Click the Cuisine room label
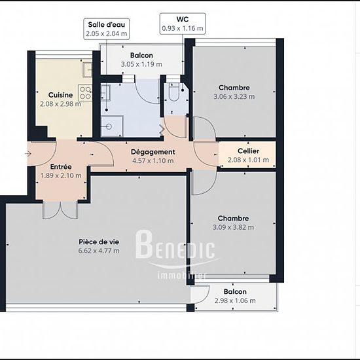[x=61, y=95]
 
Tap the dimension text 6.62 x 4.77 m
[x=99, y=251]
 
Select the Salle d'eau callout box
[x=106, y=29]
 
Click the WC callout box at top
[x=183, y=24]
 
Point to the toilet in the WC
[x=174, y=92]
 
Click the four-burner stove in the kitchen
[x=85, y=93]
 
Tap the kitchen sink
[x=88, y=70]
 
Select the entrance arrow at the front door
[x=28, y=153]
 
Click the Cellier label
[x=249, y=151]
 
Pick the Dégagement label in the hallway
[x=153, y=152]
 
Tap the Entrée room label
[x=61, y=166]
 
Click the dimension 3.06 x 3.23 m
[x=234, y=96]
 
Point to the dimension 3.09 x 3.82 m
[x=233, y=227]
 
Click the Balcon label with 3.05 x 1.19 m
[x=141, y=56]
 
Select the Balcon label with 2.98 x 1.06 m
[x=235, y=291]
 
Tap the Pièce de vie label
[x=99, y=242]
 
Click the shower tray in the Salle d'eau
[x=112, y=126]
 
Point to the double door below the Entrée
[x=60, y=210]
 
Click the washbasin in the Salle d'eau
[x=105, y=93]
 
